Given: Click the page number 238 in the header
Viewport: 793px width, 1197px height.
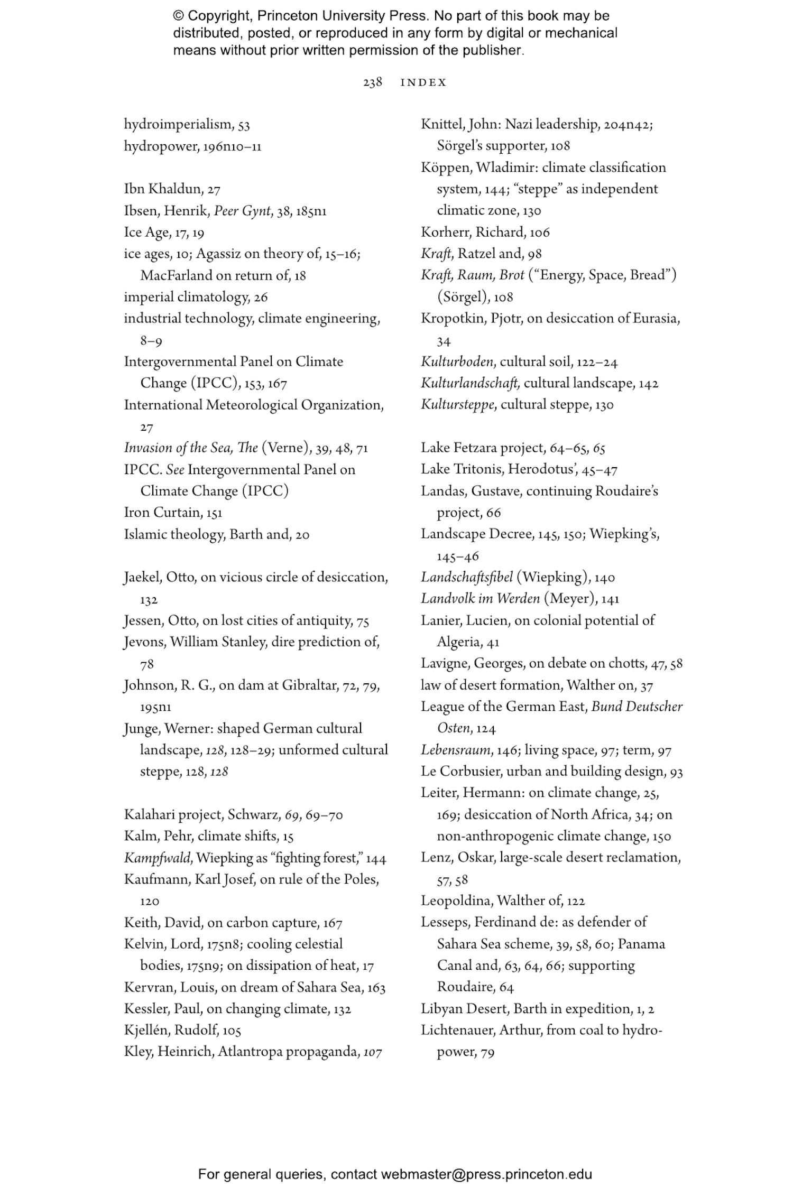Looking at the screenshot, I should pos(372,82).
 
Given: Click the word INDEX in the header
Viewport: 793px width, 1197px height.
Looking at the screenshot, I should pos(423,82).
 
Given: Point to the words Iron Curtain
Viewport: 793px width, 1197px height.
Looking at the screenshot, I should pos(162,512).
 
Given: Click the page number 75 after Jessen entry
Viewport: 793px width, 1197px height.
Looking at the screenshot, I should pos(363,621).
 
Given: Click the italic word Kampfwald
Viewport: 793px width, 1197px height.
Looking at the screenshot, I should pos(157,858).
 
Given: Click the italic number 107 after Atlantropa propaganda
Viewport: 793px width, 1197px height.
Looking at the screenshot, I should pos(372,1052).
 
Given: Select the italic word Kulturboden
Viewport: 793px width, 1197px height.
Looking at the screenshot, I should pos(457,362).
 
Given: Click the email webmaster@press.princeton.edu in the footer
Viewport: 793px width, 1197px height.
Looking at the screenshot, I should pos(486,1175).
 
